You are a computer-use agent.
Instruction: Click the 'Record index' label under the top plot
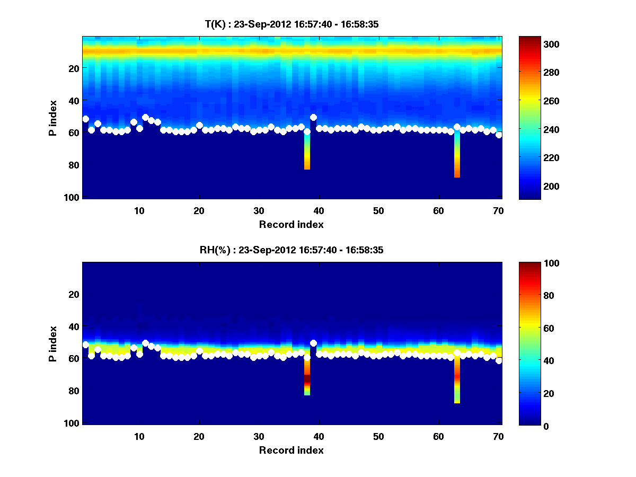tap(291, 224)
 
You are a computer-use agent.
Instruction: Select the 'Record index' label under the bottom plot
tap(291, 450)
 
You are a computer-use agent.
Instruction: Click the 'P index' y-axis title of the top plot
tap(53, 118)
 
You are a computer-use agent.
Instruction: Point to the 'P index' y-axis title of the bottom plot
tap(53, 344)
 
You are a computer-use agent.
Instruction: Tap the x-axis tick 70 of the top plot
tap(498, 211)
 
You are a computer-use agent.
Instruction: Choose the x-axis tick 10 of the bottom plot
tap(139, 437)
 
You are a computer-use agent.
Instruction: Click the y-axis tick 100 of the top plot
tap(73, 197)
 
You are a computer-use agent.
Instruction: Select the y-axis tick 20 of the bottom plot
tap(75, 294)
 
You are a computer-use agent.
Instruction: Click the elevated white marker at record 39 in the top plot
tap(313, 118)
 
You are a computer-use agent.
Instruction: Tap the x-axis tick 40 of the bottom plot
tap(319, 437)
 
